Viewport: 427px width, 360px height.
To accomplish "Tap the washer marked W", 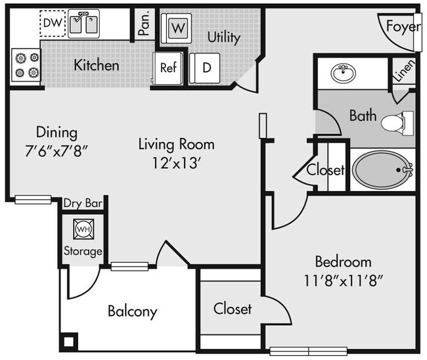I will (177, 28).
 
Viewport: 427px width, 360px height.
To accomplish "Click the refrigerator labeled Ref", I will (168, 68).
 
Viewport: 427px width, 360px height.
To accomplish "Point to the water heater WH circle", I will (83, 229).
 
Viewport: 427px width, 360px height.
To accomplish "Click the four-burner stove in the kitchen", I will (25, 66).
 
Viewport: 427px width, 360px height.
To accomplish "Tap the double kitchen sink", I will (85, 25).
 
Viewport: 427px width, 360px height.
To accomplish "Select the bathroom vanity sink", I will (341, 73).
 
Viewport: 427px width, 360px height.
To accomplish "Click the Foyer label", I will (401, 27).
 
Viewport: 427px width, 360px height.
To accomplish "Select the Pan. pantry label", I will (144, 24).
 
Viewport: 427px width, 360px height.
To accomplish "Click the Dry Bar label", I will (83, 204).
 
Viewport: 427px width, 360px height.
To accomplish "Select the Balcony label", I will (132, 311).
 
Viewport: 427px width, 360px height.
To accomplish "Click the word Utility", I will (223, 37).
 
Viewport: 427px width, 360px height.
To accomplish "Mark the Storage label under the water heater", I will (83, 251).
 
